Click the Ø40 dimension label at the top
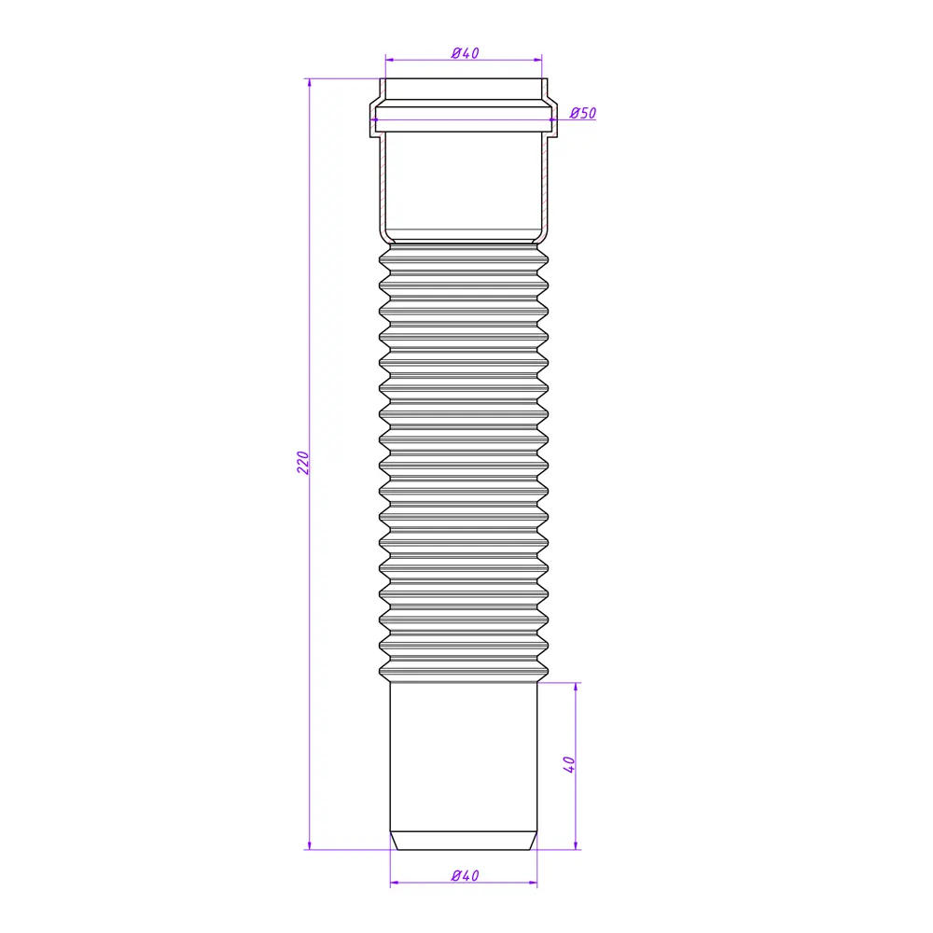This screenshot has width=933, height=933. pos(466,53)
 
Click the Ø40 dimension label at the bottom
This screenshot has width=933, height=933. pos(466,875)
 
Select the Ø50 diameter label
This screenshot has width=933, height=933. pos(582,113)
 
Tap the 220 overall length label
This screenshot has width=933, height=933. pos(303,463)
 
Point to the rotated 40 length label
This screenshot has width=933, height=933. pos(569,764)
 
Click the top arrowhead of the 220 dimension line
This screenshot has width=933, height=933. pos(310,82)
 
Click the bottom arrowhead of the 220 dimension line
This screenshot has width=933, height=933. pos(310,845)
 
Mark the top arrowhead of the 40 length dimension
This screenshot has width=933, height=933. pos(576,687)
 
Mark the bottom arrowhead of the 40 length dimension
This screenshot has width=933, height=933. pos(576,845)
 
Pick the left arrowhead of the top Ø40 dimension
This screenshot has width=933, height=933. pos(390,60)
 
